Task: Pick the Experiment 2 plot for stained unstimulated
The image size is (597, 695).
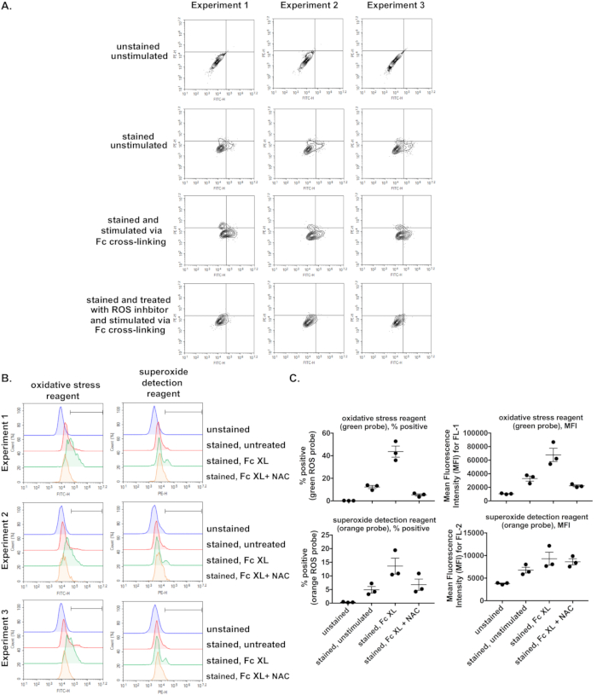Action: coord(299,142)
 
